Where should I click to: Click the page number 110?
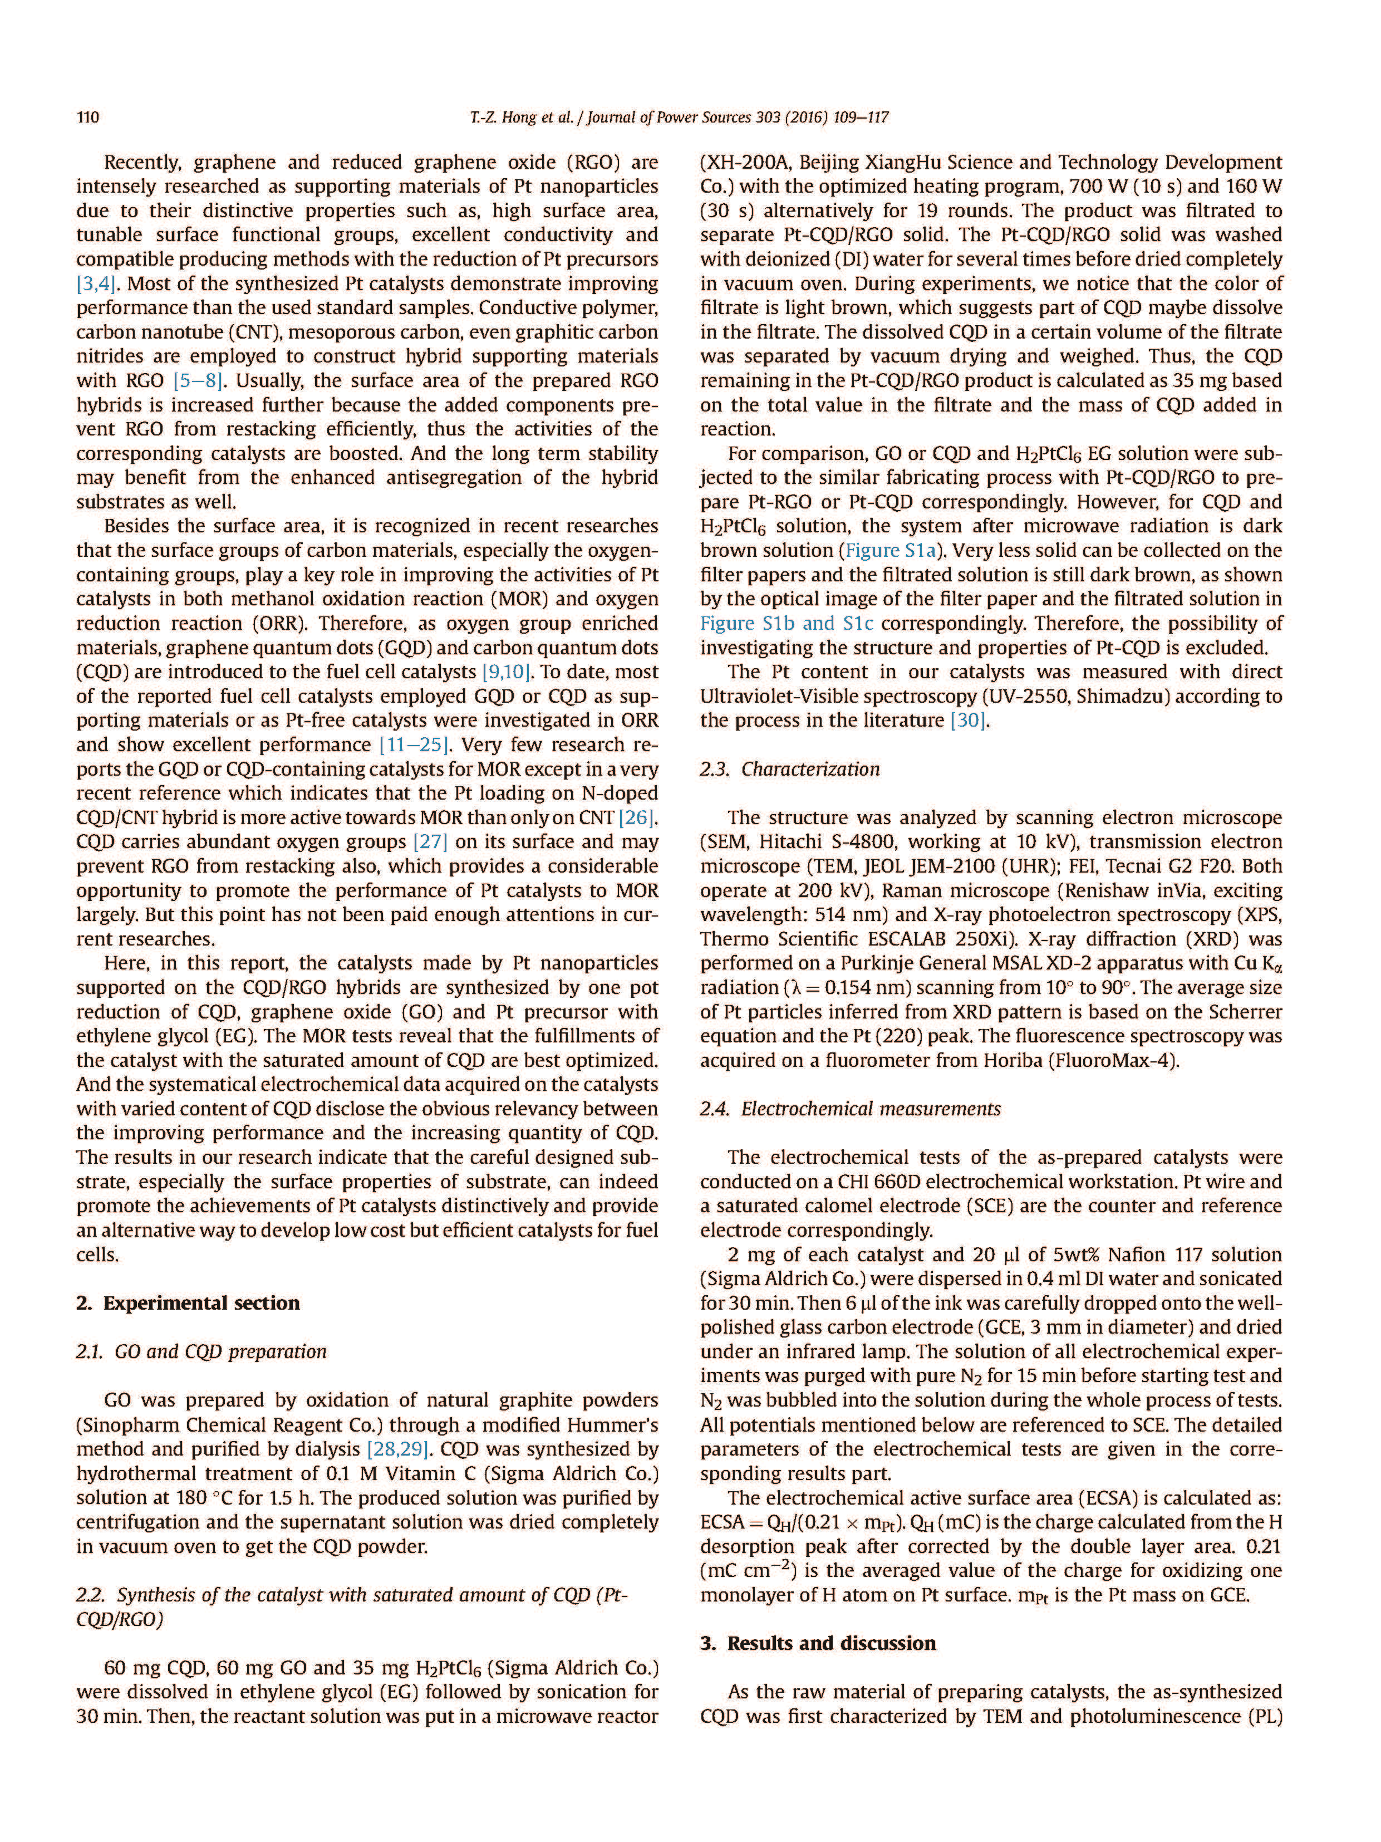point(87,117)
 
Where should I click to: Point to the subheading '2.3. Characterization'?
point(789,768)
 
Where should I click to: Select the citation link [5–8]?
point(195,380)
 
